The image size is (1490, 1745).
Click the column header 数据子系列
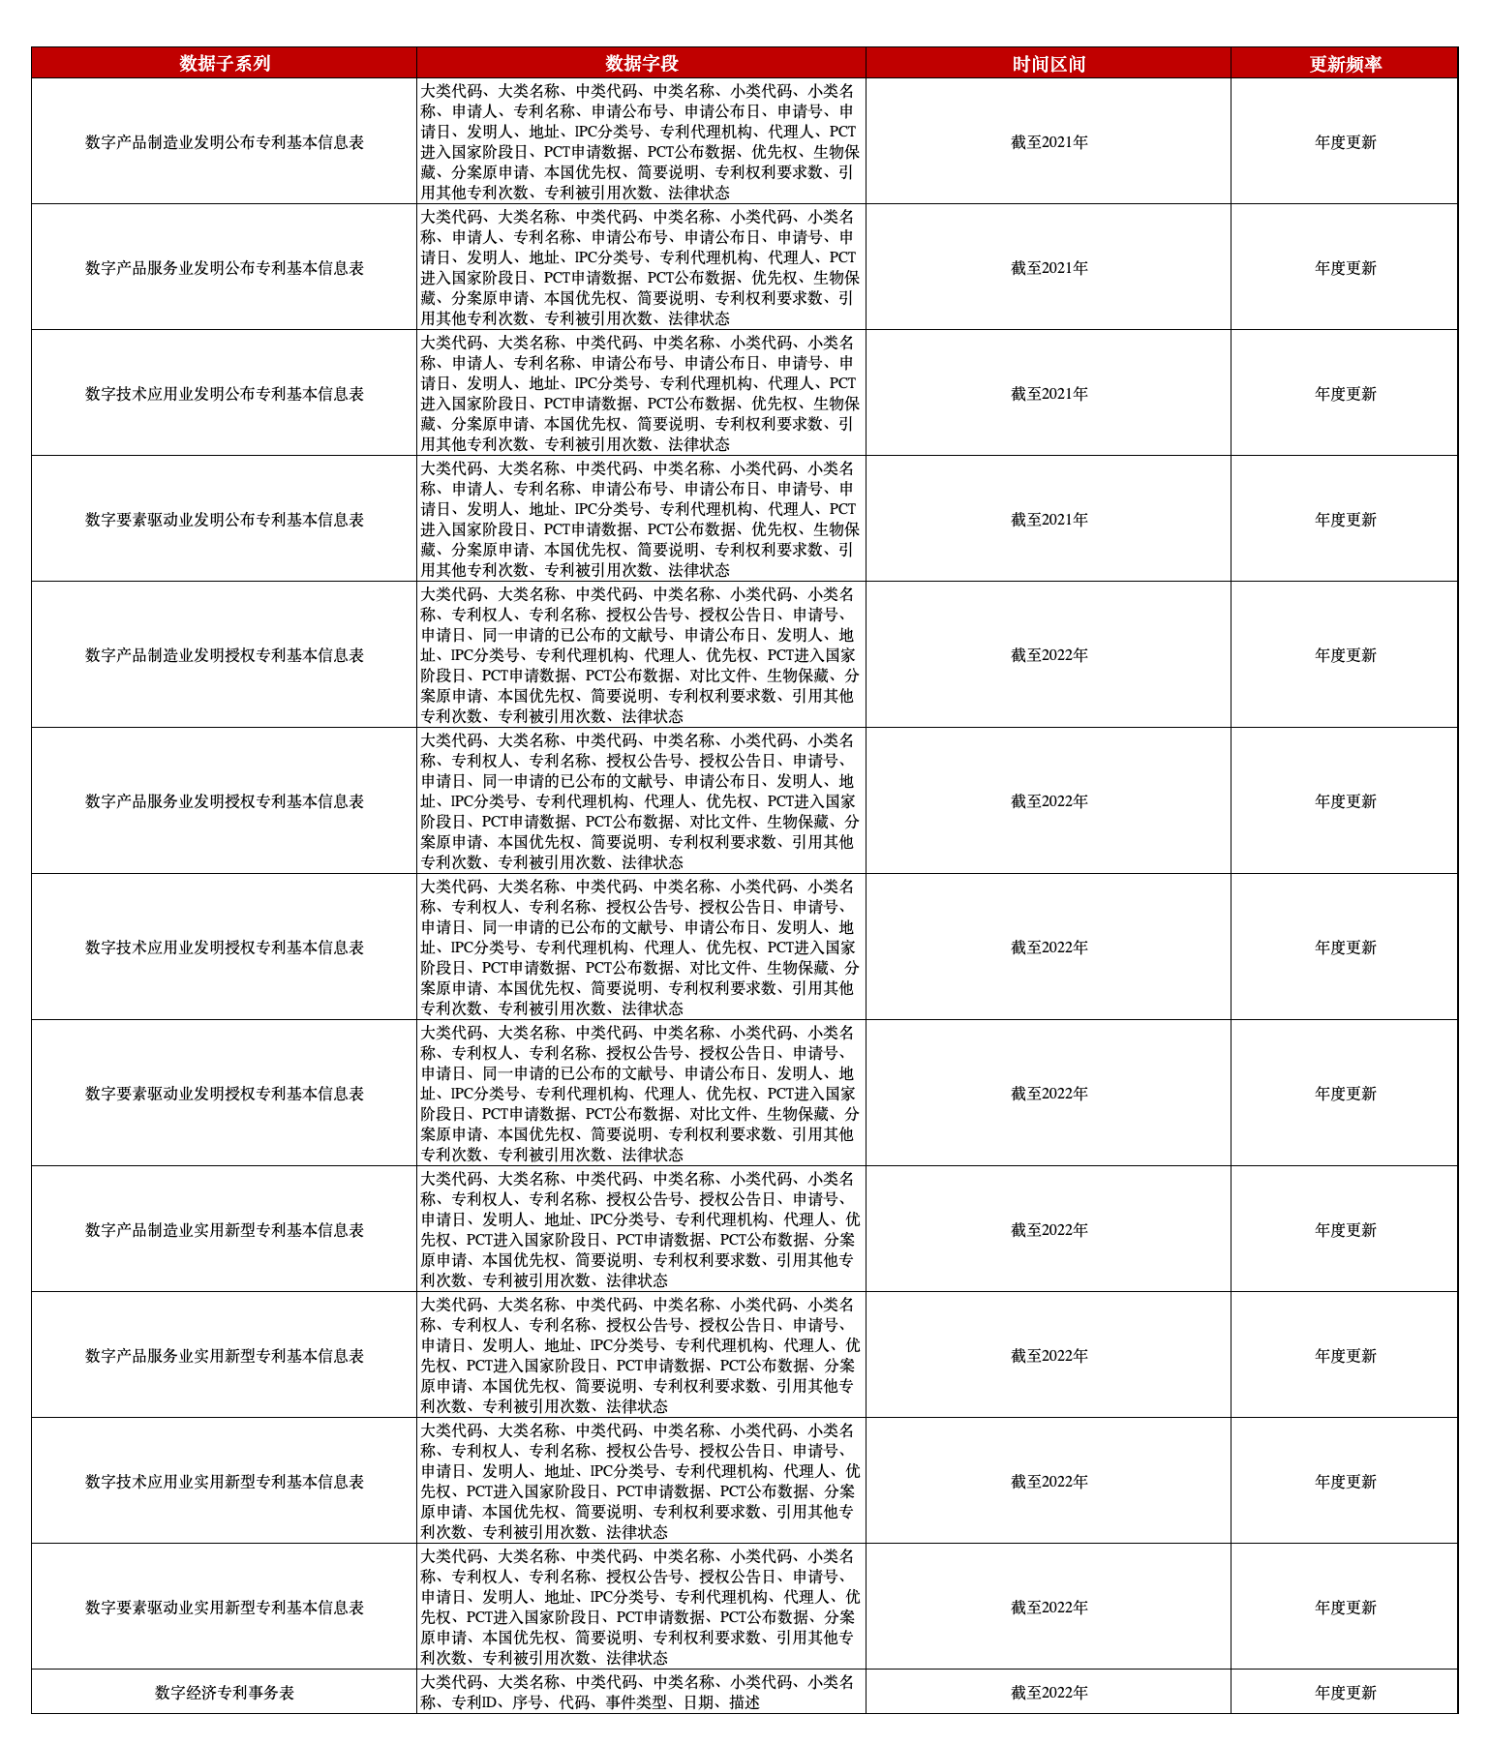pyautogui.click(x=225, y=64)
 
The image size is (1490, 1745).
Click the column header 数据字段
pyautogui.click(x=641, y=64)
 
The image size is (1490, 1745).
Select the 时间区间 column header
pyautogui.click(x=1049, y=64)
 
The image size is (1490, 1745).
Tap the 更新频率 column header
pyautogui.click(x=1345, y=64)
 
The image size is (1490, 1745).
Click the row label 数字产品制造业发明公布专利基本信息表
pyautogui.click(x=225, y=142)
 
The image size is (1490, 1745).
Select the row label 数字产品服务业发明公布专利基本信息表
pyautogui.click(x=225, y=268)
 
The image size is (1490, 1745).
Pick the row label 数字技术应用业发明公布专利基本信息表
pyautogui.click(x=225, y=394)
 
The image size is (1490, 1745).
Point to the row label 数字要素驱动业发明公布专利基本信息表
pyautogui.click(x=225, y=520)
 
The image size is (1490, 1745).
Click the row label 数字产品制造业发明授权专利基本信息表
pyautogui.click(x=225, y=655)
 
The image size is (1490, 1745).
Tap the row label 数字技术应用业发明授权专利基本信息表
pyautogui.click(x=225, y=948)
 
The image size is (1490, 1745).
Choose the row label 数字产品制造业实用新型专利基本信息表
pyautogui.click(x=225, y=1230)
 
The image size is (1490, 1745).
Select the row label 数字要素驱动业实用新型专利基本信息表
pyautogui.click(x=225, y=1608)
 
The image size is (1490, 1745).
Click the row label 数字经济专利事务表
pyautogui.click(x=225, y=1693)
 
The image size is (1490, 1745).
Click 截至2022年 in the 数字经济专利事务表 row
pyautogui.click(x=1049, y=1693)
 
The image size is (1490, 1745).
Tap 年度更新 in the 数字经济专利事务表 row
pyautogui.click(x=1345, y=1693)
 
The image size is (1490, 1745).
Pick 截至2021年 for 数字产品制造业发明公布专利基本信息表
pyautogui.click(x=1049, y=142)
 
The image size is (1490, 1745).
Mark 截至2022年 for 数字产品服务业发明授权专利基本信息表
pyautogui.click(x=1049, y=801)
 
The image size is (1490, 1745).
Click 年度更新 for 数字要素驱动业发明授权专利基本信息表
pyautogui.click(x=1345, y=1094)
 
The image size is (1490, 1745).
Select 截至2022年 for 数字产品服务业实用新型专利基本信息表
pyautogui.click(x=1049, y=1356)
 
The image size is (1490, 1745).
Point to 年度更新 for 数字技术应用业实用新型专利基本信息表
pyautogui.click(x=1345, y=1482)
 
